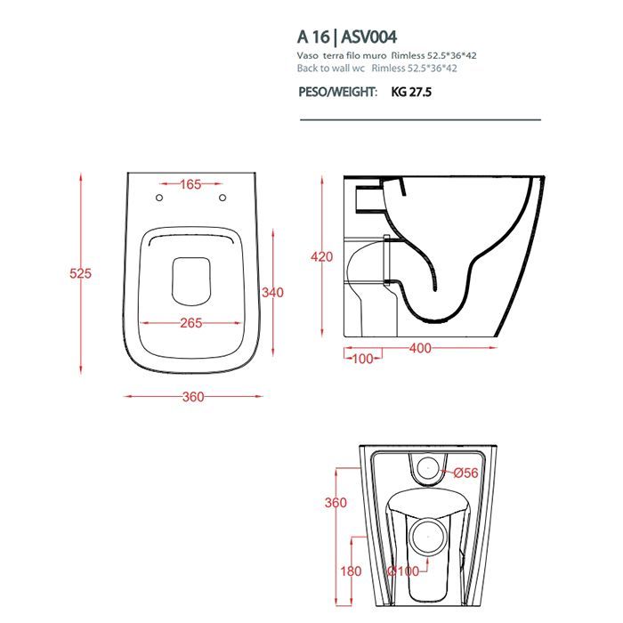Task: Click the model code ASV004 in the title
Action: [369, 37]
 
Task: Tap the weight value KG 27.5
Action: [411, 93]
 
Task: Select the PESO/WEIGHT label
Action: [337, 93]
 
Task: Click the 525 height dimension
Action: [80, 273]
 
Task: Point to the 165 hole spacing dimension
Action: [190, 184]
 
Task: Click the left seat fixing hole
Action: [159, 198]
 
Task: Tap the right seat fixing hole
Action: [222, 198]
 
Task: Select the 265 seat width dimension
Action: [191, 323]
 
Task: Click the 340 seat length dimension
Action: [272, 293]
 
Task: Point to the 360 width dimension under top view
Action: [193, 397]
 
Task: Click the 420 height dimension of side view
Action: [321, 256]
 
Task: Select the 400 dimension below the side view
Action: [420, 348]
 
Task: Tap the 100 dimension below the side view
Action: [362, 359]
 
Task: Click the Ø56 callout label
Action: [466, 473]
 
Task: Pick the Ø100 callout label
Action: [403, 571]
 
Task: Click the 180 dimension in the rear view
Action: [351, 571]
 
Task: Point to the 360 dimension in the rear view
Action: [336, 503]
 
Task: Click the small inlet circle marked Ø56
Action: [428, 468]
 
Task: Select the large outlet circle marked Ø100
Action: [428, 536]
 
